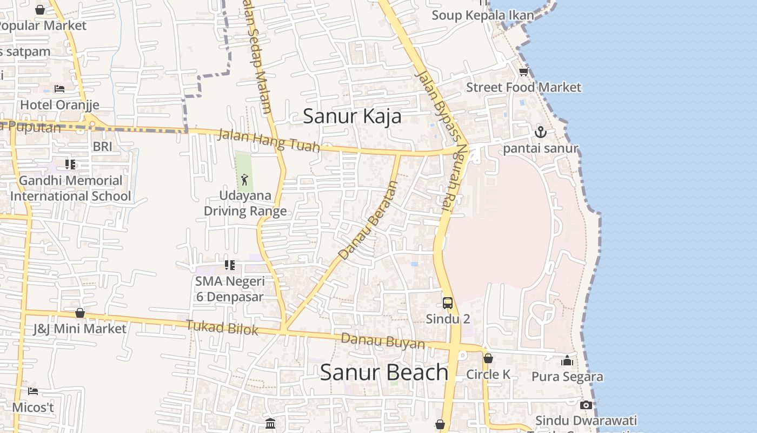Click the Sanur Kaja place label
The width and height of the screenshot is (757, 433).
(x=352, y=116)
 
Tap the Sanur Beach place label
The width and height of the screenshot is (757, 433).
(x=384, y=372)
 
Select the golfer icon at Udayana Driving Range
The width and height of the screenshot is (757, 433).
(x=244, y=179)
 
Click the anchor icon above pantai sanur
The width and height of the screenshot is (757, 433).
(x=540, y=132)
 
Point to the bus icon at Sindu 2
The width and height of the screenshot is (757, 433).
(x=448, y=303)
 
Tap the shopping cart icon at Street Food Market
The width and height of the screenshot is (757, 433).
(x=523, y=72)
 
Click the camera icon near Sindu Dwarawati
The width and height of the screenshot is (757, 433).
(x=586, y=405)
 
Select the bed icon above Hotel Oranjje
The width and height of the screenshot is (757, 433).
(x=59, y=89)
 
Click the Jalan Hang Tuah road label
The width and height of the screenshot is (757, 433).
(x=268, y=140)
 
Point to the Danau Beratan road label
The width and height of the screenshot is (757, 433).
(x=368, y=220)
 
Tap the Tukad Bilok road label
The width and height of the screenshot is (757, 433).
(x=222, y=327)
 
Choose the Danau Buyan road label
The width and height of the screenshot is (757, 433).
(x=383, y=341)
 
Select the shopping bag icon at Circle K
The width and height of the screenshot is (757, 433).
(x=488, y=358)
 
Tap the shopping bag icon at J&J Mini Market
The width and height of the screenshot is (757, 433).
(x=79, y=313)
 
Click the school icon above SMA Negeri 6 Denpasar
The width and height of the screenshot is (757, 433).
(x=230, y=265)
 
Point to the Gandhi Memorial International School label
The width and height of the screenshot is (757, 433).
(x=70, y=188)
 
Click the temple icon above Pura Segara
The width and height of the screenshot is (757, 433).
(x=567, y=360)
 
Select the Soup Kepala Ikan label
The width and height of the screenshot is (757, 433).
(x=482, y=15)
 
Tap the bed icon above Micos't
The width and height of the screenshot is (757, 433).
(x=33, y=391)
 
